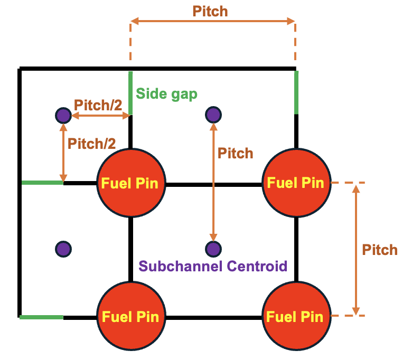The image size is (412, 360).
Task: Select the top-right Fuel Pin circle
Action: [x=296, y=183]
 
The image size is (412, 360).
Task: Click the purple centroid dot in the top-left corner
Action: [x=63, y=115]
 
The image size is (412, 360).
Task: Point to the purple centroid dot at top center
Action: [x=213, y=114]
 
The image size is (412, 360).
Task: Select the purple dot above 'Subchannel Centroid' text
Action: [x=213, y=248]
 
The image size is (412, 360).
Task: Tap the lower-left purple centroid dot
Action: [x=63, y=248]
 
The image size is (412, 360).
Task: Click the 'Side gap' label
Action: [x=166, y=94]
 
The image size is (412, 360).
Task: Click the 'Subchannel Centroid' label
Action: [x=213, y=266]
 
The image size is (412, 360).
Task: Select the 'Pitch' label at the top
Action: [x=210, y=11]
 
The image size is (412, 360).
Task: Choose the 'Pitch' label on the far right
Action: [x=380, y=250]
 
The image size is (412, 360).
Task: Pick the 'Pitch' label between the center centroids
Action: [x=236, y=154]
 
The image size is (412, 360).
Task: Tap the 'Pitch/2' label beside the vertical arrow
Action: [x=92, y=143]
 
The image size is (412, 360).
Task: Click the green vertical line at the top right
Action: [x=296, y=92]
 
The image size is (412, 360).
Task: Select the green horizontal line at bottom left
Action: [x=42, y=317]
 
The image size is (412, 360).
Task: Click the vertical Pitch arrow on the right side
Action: [x=356, y=250]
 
